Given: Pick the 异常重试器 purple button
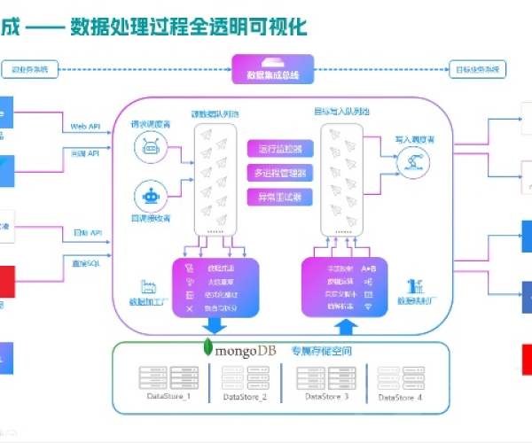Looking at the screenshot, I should tap(280, 195).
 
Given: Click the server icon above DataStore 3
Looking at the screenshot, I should tap(322, 377).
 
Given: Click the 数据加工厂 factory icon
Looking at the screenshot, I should tap(147, 285).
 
